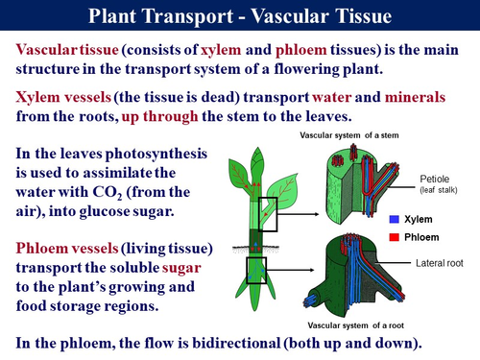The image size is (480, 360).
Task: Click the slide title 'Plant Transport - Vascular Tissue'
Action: tap(239, 16)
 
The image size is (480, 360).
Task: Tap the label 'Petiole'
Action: tap(434, 179)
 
